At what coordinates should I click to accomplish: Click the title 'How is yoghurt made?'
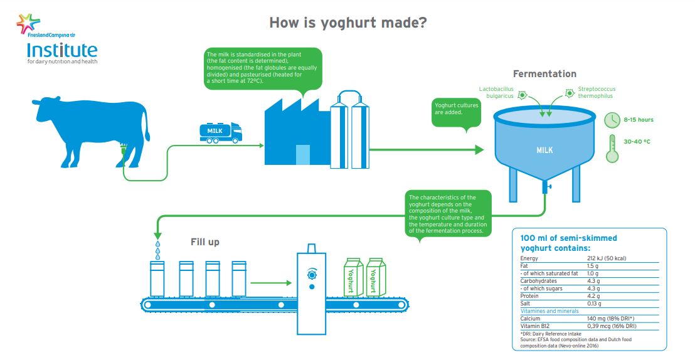(348, 23)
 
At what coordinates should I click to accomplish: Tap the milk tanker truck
(220, 131)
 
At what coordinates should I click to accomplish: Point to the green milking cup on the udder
(124, 149)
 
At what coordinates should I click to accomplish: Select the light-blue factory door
(302, 155)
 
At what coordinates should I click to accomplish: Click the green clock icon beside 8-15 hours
(612, 120)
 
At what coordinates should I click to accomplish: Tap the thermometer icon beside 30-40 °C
(612, 149)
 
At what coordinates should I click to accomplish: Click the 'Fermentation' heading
(544, 73)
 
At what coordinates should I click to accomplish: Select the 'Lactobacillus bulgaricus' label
(496, 93)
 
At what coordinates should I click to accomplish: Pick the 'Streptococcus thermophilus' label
(595, 93)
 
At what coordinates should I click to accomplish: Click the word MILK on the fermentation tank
(544, 151)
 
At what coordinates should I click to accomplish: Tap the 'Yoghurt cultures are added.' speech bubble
(457, 111)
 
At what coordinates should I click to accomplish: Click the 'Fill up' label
(205, 241)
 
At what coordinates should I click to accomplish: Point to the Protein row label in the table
(530, 295)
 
